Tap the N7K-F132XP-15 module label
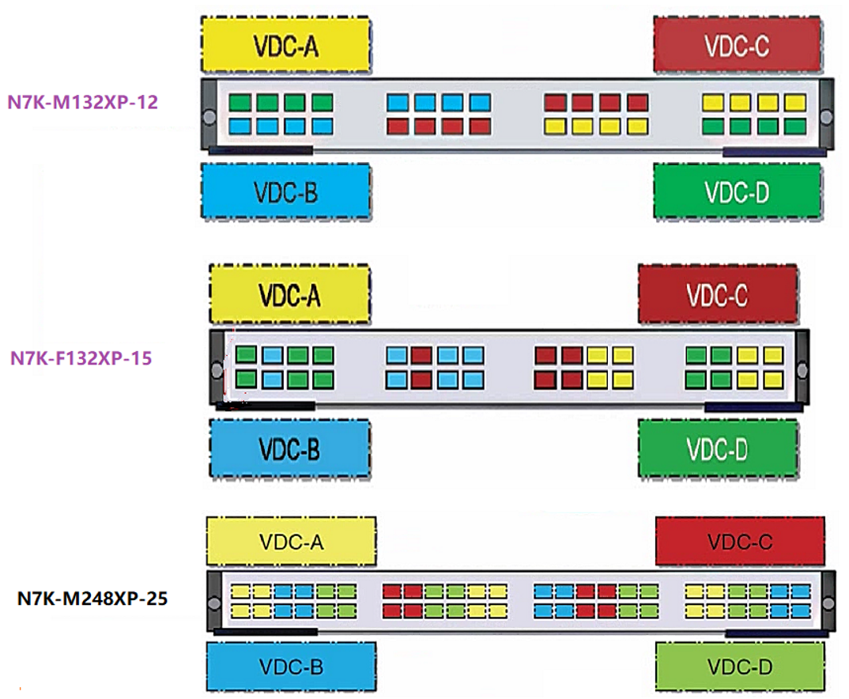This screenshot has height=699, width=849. click(x=81, y=357)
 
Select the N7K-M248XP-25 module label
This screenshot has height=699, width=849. click(x=92, y=599)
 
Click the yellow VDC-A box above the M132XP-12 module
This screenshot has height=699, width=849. click(x=286, y=46)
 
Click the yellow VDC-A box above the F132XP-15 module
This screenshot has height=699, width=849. click(x=289, y=294)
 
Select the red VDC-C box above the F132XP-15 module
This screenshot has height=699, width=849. click(x=717, y=294)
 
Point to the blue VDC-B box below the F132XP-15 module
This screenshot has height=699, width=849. click(x=289, y=448)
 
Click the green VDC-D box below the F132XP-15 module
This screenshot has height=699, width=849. click(x=717, y=448)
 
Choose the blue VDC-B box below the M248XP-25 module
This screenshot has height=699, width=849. click(x=291, y=667)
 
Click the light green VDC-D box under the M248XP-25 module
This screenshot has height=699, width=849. click(x=739, y=667)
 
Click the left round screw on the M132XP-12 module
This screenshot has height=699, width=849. click(x=209, y=117)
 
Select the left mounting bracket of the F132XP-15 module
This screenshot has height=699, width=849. click(x=217, y=368)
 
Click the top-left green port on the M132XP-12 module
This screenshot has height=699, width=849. click(x=240, y=103)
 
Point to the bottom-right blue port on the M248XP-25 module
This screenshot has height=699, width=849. click(x=801, y=610)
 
